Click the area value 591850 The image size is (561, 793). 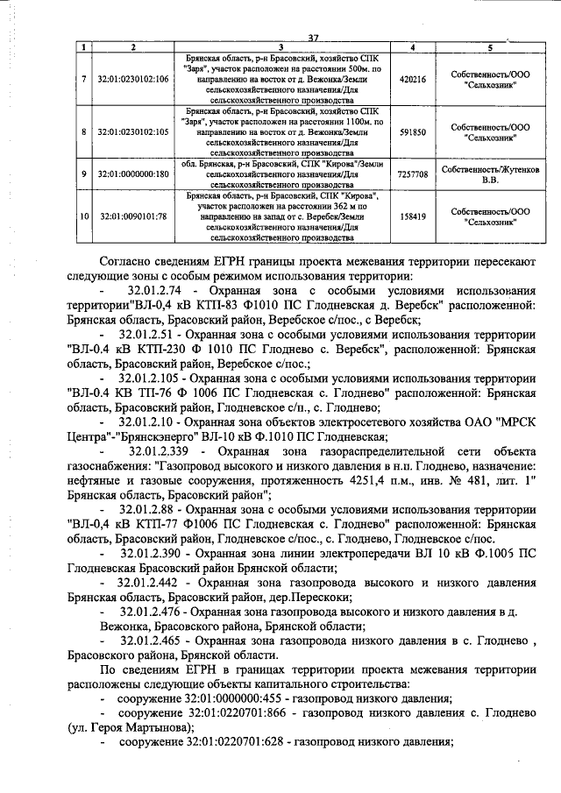coord(412,131)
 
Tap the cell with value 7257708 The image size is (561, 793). coord(412,174)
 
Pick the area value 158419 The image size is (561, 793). coord(412,215)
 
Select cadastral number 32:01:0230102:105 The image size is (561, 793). coord(132,131)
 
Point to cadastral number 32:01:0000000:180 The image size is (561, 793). coord(132,174)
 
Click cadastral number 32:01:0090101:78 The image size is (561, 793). coord(132,215)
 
